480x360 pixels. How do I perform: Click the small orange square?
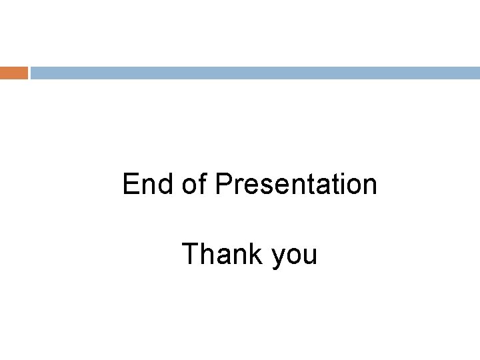point(13,73)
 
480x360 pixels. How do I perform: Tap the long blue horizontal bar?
point(255,73)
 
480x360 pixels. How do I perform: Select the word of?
point(194,185)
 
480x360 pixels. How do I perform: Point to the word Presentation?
point(296,185)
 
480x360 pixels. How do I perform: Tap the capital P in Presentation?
point(223,185)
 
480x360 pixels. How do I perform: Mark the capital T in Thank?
point(189,254)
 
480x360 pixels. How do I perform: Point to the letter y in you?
point(279,257)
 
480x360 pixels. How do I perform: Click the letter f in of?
point(203,184)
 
